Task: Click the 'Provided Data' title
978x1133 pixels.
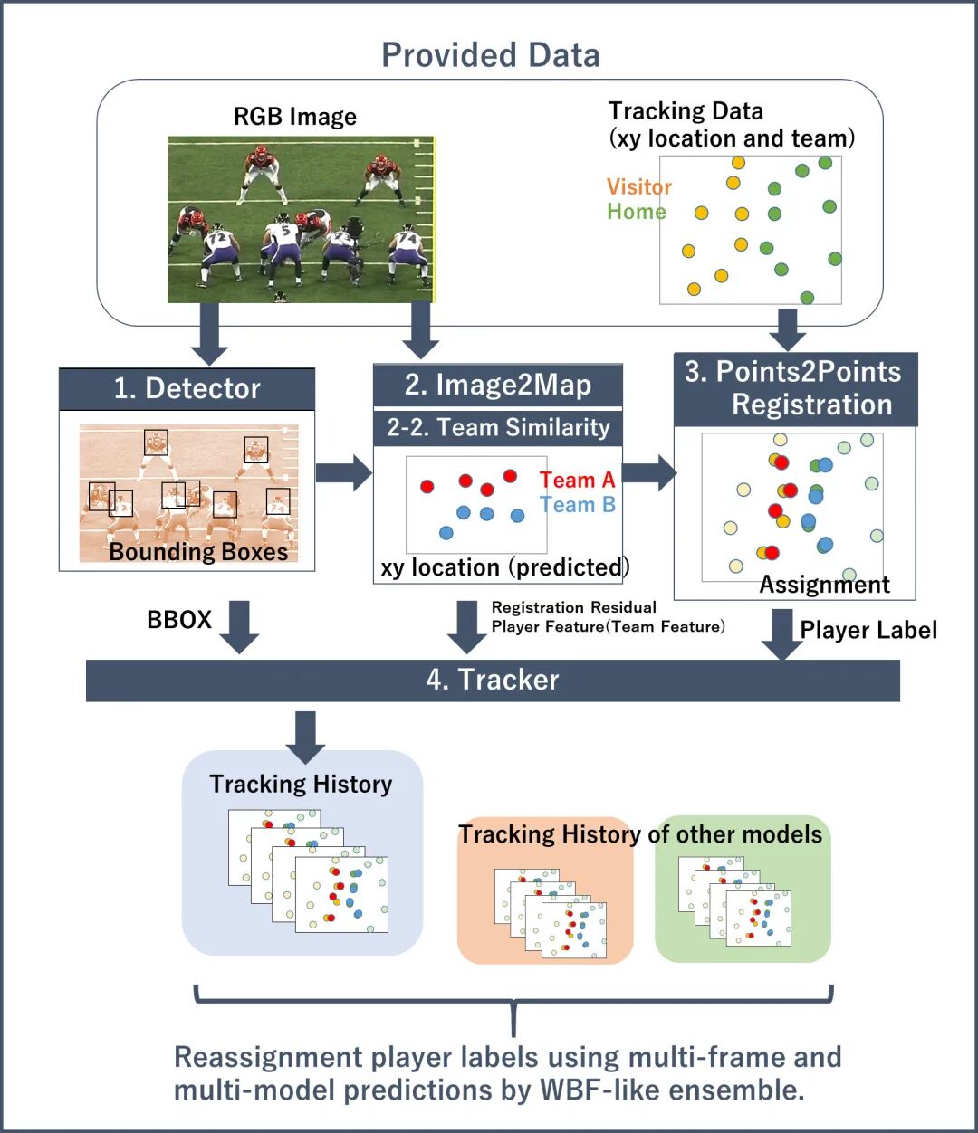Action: [x=490, y=55]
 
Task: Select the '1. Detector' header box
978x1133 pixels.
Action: [x=187, y=388]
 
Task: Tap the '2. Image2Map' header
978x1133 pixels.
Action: [x=497, y=385]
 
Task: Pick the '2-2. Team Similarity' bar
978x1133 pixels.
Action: [x=497, y=427]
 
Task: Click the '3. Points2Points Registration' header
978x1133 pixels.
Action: [x=794, y=388]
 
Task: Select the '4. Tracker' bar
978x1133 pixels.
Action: [x=493, y=680]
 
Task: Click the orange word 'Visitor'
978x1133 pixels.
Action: [x=639, y=187]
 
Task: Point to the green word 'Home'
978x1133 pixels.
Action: [x=637, y=212]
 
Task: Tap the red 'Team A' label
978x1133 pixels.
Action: [x=577, y=481]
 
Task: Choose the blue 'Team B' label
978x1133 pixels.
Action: [x=577, y=505]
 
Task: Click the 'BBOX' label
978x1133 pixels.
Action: [x=179, y=620]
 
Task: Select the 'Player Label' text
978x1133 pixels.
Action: [x=868, y=630]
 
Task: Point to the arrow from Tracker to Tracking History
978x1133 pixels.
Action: [x=305, y=736]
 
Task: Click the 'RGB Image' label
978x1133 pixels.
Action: [x=295, y=117]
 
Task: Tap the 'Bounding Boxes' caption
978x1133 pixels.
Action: [x=198, y=552]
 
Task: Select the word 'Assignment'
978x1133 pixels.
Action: [x=824, y=585]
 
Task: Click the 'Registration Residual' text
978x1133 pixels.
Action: [x=574, y=607]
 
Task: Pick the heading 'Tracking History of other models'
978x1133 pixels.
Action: [x=640, y=833]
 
